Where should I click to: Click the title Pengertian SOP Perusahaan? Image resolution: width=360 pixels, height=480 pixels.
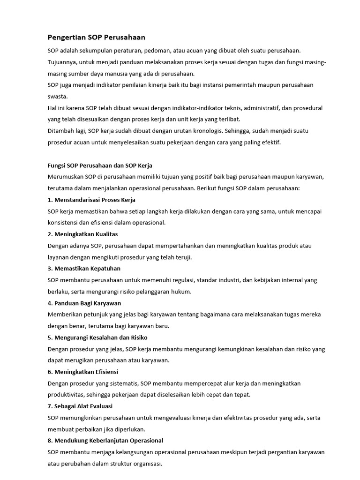pyautogui.click(x=96, y=37)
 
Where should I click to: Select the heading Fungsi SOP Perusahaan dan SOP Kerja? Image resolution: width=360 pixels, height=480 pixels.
pyautogui.click(x=100, y=165)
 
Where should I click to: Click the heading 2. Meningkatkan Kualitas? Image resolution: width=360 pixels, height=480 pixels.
pyautogui.click(x=82, y=234)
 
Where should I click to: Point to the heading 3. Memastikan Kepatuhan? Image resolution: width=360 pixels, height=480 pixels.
pyautogui.click(x=84, y=269)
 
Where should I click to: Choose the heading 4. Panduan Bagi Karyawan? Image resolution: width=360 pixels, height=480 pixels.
pyautogui.click(x=84, y=303)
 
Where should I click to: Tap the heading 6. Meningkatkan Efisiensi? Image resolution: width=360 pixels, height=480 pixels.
pyautogui.click(x=82, y=372)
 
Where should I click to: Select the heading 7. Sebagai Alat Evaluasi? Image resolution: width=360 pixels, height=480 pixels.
pyautogui.click(x=80, y=406)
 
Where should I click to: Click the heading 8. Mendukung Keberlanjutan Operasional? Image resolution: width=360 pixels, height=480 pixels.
pyautogui.click(x=105, y=441)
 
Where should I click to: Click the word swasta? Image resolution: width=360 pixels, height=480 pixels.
pyautogui.click(x=57, y=97)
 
